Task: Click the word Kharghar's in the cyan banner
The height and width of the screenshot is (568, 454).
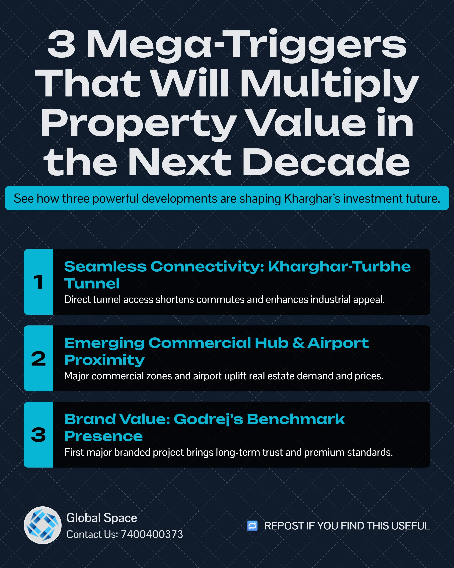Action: pos(312,199)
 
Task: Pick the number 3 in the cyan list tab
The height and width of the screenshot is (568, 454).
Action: pos(39,435)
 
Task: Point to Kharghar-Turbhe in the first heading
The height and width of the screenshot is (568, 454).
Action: pos(339,267)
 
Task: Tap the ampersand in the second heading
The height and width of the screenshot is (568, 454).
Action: pos(298,343)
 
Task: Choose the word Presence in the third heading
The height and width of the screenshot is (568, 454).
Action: pos(103,436)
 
